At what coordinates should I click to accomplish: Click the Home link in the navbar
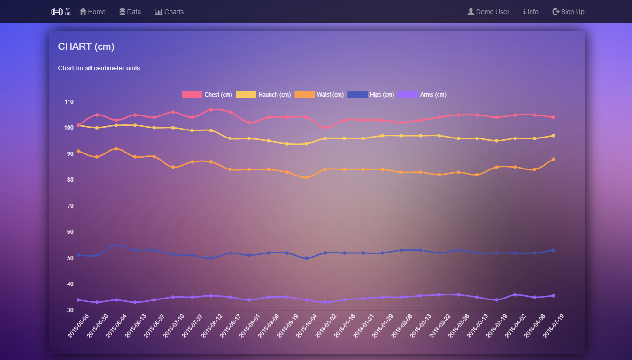[x=92, y=12]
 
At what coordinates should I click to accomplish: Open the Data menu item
[x=130, y=12]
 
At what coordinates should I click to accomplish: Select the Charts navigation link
[x=170, y=12]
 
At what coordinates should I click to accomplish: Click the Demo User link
[x=488, y=12]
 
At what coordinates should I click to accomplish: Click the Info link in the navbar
[x=531, y=12]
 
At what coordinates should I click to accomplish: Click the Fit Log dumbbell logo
[x=61, y=12]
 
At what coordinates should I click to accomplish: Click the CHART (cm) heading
[x=86, y=46]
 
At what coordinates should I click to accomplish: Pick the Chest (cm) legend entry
[x=208, y=95]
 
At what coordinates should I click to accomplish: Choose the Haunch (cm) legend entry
[x=263, y=95]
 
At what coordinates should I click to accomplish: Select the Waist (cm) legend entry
[x=319, y=95]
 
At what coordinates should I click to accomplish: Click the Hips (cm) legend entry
[x=371, y=95]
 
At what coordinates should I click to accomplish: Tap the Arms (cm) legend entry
[x=422, y=95]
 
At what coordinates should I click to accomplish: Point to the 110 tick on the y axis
[x=69, y=102]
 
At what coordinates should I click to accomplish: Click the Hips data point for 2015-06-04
[x=116, y=245]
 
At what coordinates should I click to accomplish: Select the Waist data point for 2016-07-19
[x=553, y=159]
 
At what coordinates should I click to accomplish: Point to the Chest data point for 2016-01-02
[x=325, y=128]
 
